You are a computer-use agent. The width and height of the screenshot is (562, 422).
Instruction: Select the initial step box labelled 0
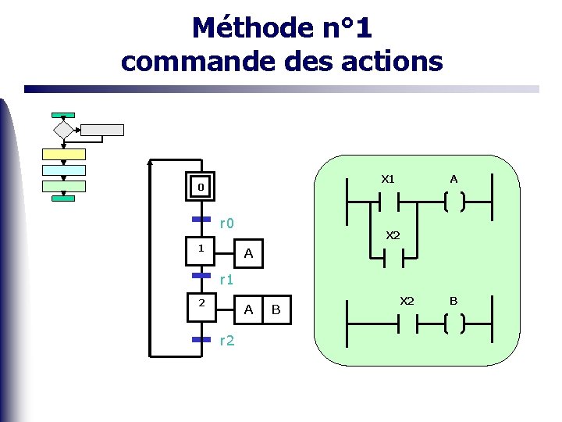201,188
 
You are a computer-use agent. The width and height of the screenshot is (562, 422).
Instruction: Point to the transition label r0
226,224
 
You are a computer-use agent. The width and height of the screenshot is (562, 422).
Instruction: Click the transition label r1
226,278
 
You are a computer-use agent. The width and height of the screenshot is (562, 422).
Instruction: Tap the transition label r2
227,340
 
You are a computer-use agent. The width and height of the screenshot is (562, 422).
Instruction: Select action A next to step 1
248,253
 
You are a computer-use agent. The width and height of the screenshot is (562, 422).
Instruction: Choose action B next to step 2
276,310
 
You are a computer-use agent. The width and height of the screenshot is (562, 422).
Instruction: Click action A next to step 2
248,310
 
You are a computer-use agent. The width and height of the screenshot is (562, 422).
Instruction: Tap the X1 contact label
388,179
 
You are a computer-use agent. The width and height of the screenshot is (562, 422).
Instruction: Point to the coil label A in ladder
454,179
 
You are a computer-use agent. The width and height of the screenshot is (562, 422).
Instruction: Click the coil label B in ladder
454,300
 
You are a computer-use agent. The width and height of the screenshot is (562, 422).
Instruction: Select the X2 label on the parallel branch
393,235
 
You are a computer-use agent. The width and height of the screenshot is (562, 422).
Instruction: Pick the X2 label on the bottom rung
407,300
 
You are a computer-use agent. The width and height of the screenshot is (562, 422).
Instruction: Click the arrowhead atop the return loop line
151,163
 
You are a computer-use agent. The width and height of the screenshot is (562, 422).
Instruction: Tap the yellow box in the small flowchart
63,153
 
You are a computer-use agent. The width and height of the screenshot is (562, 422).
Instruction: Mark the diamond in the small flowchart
63,130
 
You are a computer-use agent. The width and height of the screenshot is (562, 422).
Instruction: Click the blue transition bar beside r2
201,339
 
